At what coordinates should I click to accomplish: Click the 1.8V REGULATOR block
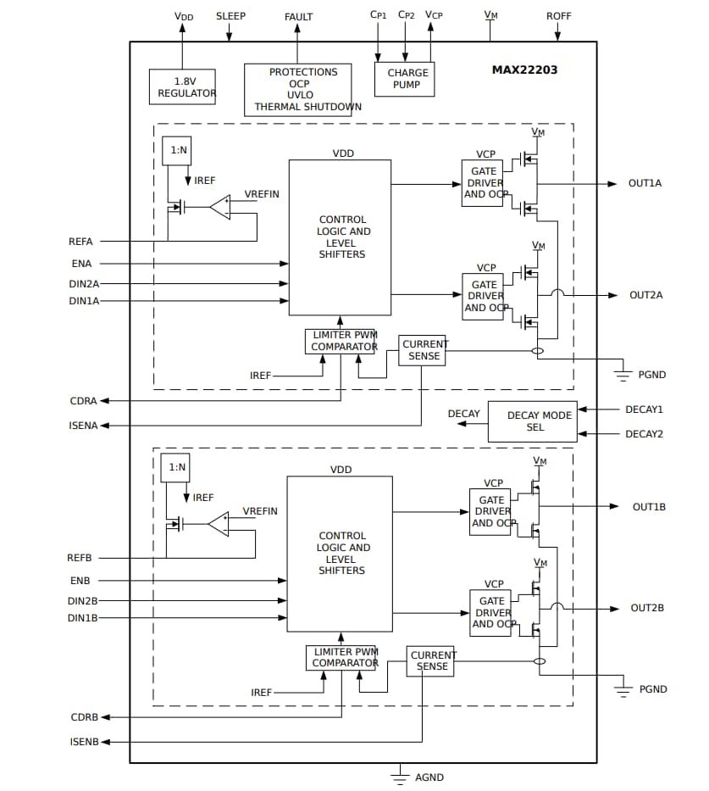pyautogui.click(x=182, y=87)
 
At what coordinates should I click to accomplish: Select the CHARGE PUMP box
pyautogui.click(x=404, y=79)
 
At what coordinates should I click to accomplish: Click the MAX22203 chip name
pyautogui.click(x=524, y=70)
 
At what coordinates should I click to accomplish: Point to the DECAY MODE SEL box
pyautogui.click(x=532, y=421)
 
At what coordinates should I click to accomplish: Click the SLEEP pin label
pyautogui.click(x=230, y=16)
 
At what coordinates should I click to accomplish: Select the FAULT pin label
pyautogui.click(x=298, y=17)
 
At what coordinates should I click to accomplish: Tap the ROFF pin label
pyautogui.click(x=558, y=16)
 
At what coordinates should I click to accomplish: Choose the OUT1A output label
pyautogui.click(x=645, y=183)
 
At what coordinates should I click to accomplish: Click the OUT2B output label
pyautogui.click(x=647, y=608)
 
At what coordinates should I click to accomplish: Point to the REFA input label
pyautogui.click(x=80, y=242)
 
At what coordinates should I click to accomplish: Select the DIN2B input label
pyautogui.click(x=83, y=601)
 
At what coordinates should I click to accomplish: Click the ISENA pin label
pyautogui.click(x=83, y=426)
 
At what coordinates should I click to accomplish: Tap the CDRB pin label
pyautogui.click(x=85, y=717)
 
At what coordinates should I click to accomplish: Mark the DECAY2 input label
pyautogui.click(x=644, y=434)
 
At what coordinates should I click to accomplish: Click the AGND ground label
pyautogui.click(x=429, y=777)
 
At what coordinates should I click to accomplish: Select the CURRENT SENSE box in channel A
pyautogui.click(x=422, y=350)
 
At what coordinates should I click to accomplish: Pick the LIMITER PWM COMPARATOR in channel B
pyautogui.click(x=341, y=658)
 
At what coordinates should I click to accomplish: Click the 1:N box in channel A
pyautogui.click(x=177, y=150)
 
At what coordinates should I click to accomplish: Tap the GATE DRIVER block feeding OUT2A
pyautogui.click(x=483, y=296)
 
